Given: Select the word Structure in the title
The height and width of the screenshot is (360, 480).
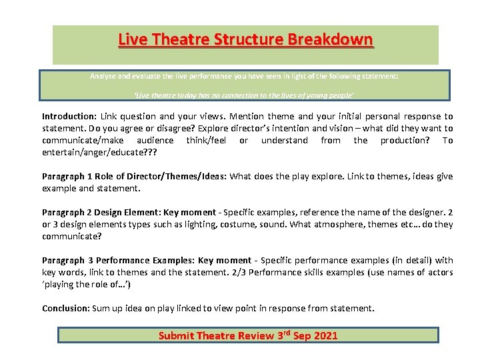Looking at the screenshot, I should pos(249,39).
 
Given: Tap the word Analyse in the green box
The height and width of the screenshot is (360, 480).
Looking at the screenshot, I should pos(103,76).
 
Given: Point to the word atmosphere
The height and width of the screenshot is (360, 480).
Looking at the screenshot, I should pos(363,224).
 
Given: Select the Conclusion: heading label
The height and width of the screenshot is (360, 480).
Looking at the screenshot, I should pos(65,308).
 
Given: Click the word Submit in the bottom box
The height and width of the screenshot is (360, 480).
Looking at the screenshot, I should pos(175,335).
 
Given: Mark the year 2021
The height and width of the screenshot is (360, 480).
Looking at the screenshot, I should pos(323,335).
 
